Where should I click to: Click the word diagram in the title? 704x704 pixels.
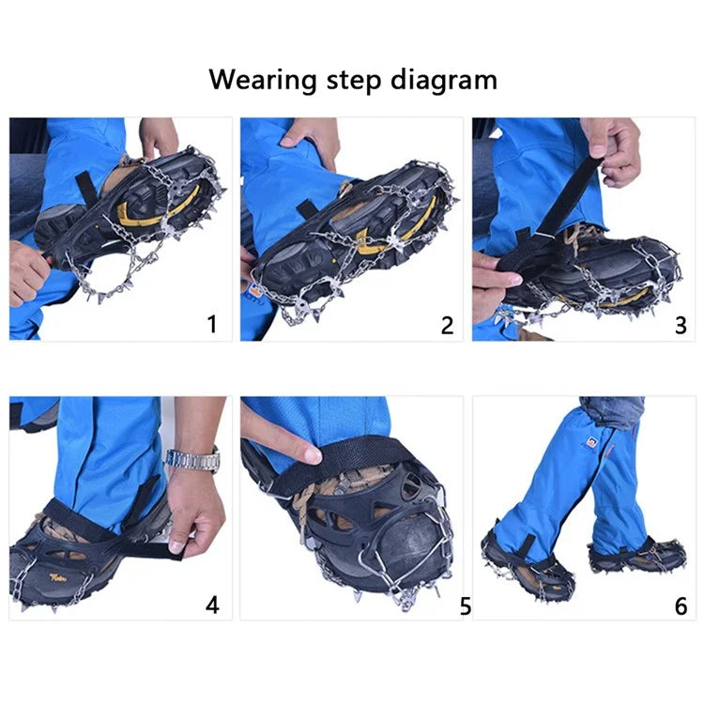tap(450, 81)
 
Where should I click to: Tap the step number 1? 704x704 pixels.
tap(212, 325)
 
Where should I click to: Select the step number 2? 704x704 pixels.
tap(447, 326)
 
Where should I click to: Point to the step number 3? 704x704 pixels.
tap(681, 326)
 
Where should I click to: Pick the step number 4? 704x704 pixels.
tap(212, 605)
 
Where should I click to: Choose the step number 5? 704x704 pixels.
tap(466, 606)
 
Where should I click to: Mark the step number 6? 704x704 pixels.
tap(681, 606)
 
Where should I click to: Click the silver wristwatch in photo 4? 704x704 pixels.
tap(193, 460)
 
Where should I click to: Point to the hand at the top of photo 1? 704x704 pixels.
tap(160, 136)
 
